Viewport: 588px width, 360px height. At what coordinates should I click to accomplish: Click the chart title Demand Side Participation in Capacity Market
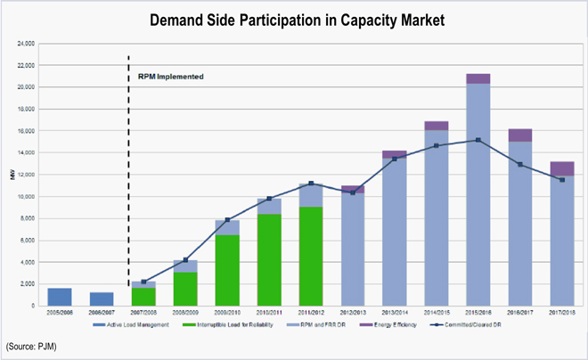pyautogui.click(x=294, y=19)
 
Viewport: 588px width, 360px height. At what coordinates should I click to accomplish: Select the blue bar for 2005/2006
pyautogui.click(x=59, y=297)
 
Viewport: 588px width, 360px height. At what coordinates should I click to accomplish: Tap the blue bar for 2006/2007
pyautogui.click(x=102, y=299)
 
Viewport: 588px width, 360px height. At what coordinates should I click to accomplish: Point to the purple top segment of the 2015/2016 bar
pyautogui.click(x=478, y=78)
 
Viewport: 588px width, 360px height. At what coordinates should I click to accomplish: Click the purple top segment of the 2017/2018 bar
pyautogui.click(x=562, y=168)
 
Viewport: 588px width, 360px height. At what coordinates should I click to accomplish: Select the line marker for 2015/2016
pyautogui.click(x=478, y=140)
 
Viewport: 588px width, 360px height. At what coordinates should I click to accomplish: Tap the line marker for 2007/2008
pyautogui.click(x=143, y=282)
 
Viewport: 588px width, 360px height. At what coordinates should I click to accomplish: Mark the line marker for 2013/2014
pyautogui.click(x=395, y=159)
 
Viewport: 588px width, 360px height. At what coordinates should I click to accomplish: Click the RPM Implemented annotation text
pyautogui.click(x=171, y=77)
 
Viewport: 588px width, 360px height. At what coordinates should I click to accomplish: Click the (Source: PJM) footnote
pyautogui.click(x=31, y=344)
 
